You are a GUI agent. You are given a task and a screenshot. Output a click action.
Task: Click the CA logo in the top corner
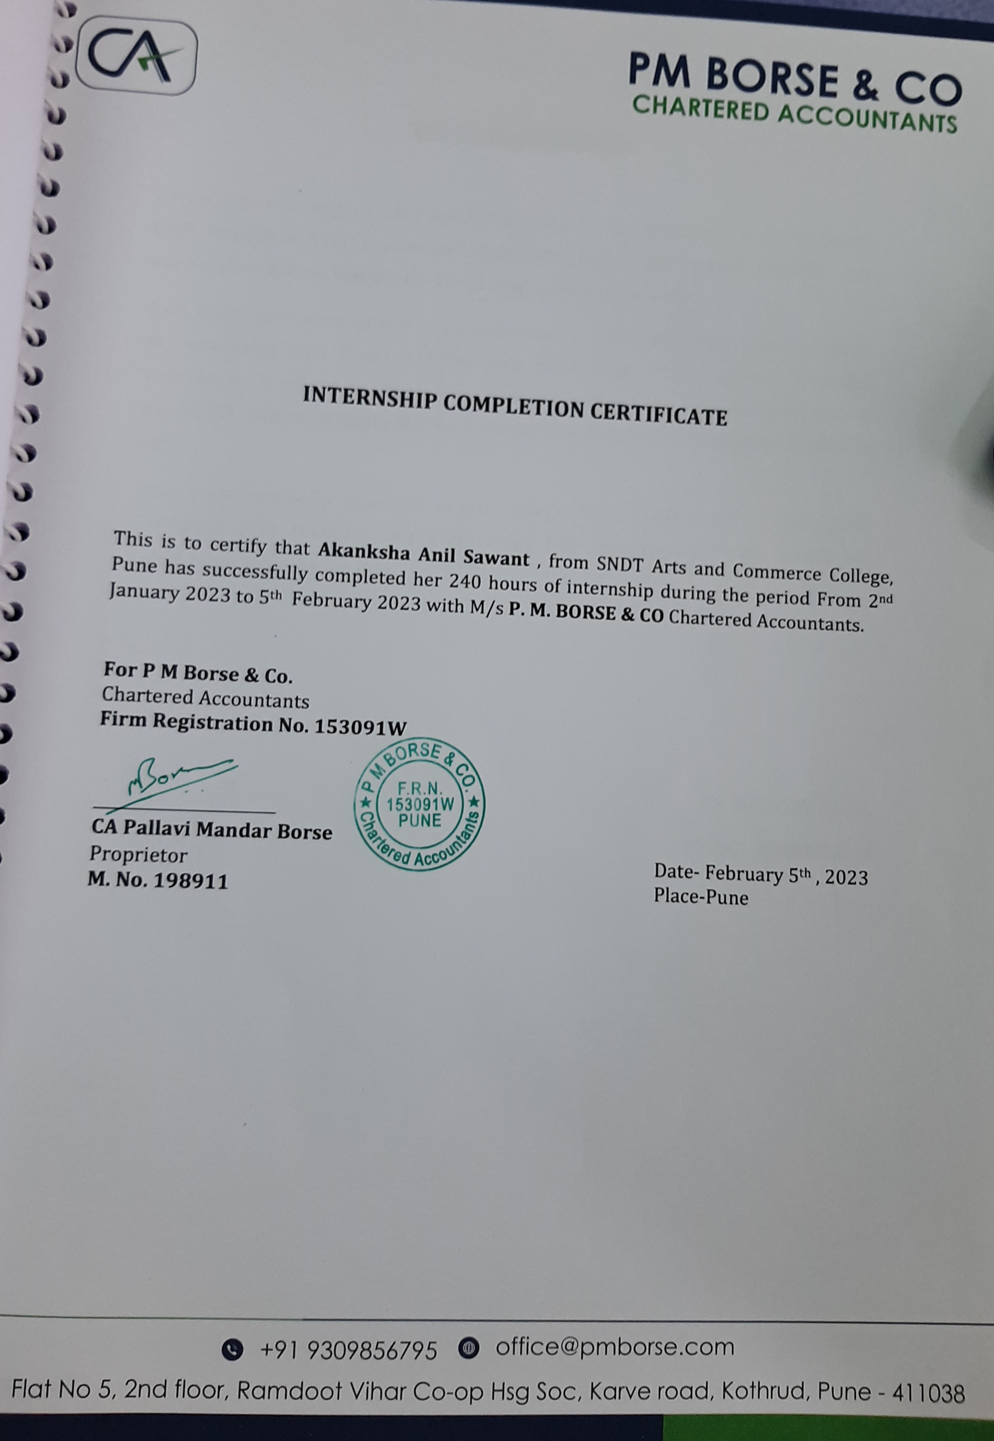(136, 56)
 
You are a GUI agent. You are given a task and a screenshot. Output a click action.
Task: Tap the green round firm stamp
(419, 804)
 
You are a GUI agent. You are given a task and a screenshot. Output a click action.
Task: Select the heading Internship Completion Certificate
(515, 406)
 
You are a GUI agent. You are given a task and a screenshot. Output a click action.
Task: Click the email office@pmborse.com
(615, 1347)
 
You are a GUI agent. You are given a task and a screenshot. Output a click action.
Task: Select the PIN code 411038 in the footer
(928, 1393)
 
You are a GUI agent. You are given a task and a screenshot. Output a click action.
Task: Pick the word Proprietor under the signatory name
(138, 854)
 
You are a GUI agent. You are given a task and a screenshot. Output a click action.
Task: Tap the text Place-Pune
(701, 897)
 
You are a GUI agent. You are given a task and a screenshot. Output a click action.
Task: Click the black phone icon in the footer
(232, 1349)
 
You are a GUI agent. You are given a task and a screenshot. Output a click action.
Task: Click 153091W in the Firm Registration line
(360, 727)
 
